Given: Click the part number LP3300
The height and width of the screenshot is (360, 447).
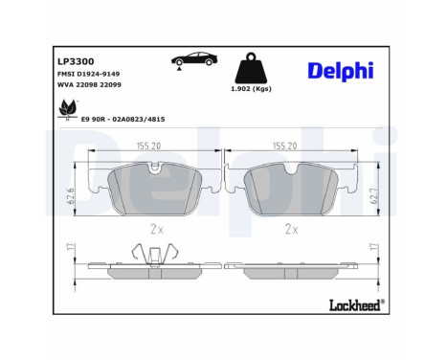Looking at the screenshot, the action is pos(76,61).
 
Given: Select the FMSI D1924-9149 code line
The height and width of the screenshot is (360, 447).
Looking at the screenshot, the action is pos(88,74).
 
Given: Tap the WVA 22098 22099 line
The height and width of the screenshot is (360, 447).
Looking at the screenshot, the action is pos(89,85).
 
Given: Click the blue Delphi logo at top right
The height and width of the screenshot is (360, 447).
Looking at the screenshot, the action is pos(341,70).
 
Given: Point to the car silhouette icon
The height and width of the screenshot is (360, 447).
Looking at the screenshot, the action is pos(194,58).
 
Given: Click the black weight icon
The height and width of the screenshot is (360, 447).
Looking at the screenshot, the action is pos(251,68).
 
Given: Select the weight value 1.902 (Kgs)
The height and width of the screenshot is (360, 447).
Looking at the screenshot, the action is pos(251,89).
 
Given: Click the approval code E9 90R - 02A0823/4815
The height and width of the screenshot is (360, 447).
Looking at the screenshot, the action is pos(123,120).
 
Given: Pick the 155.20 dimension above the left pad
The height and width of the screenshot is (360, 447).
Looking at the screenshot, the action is pos(149,146).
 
